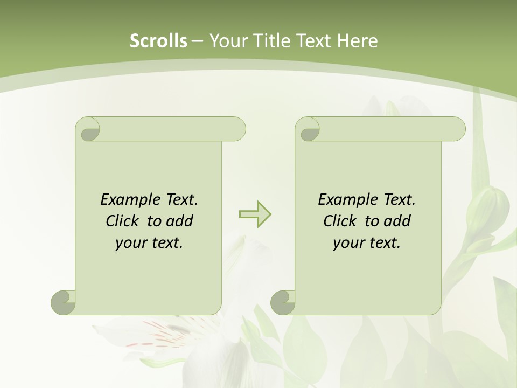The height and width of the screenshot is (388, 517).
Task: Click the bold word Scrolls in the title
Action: [158, 41]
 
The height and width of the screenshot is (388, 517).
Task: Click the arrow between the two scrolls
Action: [255, 214]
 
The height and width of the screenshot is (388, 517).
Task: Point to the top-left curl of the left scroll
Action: [88, 129]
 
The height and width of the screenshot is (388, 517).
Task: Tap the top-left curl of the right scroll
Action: [308, 129]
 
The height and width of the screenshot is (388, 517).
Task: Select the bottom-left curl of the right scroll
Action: [283, 302]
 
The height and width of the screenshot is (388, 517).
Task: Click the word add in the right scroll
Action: [398, 221]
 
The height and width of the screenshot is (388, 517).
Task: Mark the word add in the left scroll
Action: [180, 221]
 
